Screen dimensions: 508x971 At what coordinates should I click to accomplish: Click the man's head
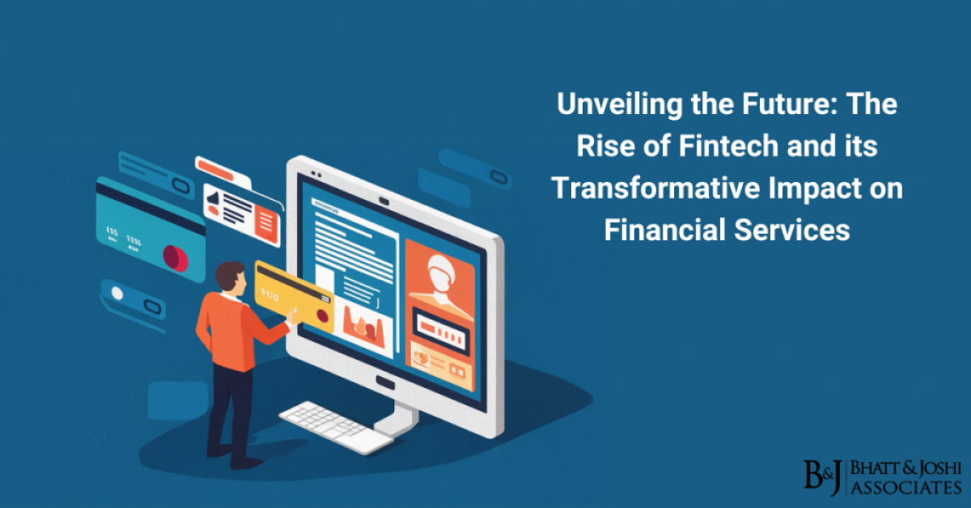231,276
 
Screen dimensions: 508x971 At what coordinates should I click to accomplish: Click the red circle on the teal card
176,258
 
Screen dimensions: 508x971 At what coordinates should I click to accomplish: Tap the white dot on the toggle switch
118,293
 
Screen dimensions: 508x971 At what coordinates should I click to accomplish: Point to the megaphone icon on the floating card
213,198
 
